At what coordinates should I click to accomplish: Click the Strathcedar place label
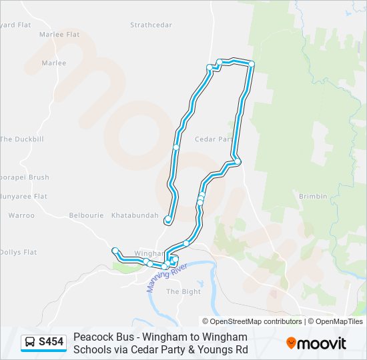151,25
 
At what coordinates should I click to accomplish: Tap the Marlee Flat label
59,34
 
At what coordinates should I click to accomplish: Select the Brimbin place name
313,197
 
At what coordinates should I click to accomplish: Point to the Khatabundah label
135,215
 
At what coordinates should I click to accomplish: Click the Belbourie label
87,215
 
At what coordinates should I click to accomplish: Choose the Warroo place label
21,215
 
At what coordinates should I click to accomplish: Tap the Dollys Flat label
19,252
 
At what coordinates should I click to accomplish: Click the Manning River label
167,277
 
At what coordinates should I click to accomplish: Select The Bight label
183,291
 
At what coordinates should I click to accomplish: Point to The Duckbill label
22,139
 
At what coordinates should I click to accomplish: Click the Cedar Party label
214,139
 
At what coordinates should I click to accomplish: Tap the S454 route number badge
51,343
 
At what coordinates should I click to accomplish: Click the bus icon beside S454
31,343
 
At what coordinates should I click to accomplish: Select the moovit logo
316,343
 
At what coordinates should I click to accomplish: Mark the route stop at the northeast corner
252,63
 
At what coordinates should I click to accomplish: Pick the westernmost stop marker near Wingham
115,251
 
